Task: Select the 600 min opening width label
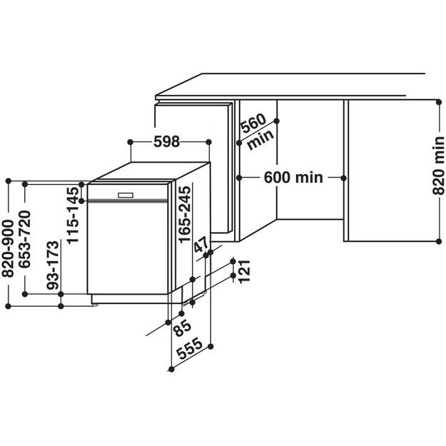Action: (293, 177)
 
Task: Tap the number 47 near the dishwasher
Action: (203, 245)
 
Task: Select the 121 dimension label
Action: (245, 271)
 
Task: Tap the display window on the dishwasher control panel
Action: (126, 194)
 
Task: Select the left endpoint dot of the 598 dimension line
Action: (131, 142)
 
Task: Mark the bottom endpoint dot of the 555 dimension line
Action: (171, 369)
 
